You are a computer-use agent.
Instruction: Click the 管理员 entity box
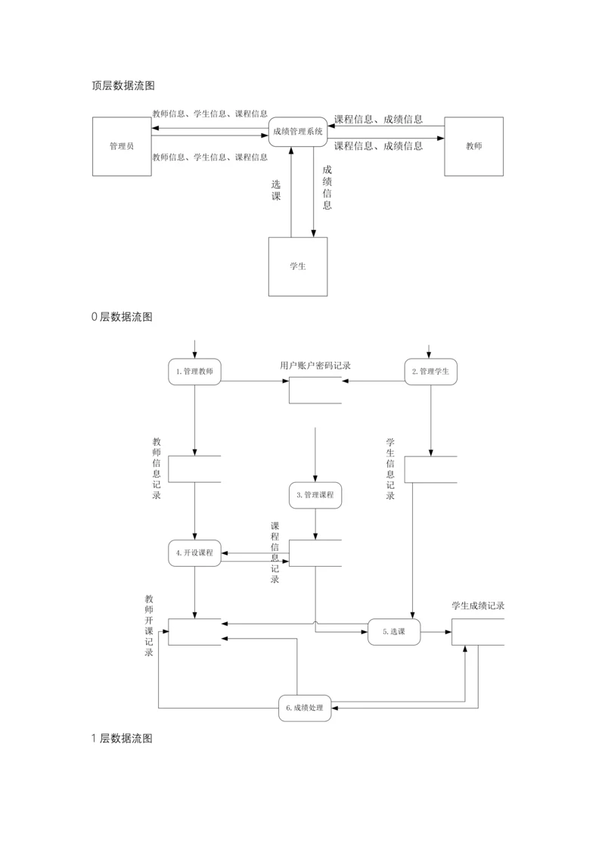click(x=121, y=146)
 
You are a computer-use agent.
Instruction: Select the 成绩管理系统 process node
click(x=298, y=131)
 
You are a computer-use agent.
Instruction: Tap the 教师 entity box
click(x=473, y=146)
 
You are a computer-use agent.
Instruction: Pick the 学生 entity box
click(x=298, y=266)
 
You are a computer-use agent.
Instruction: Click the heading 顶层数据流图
click(x=123, y=86)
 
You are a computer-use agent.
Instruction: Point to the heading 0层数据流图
click(x=122, y=317)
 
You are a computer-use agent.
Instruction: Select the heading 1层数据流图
click(x=122, y=738)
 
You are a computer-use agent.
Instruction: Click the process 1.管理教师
click(x=194, y=372)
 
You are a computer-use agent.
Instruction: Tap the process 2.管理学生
click(x=430, y=372)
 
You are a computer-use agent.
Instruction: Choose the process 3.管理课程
click(x=315, y=495)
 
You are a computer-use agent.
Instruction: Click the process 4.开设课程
click(x=194, y=553)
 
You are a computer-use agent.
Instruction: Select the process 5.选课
click(x=394, y=631)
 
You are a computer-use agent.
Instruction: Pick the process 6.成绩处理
click(x=305, y=708)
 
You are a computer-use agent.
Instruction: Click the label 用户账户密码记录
click(x=315, y=366)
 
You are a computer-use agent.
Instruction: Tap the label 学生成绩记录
click(x=478, y=605)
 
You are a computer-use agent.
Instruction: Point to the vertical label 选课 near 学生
click(x=276, y=190)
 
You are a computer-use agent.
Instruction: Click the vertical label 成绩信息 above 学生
click(x=327, y=187)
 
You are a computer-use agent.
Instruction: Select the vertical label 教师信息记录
click(x=157, y=468)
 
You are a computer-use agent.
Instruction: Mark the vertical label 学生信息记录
click(x=390, y=468)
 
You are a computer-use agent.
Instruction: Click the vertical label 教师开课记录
click(x=149, y=625)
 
